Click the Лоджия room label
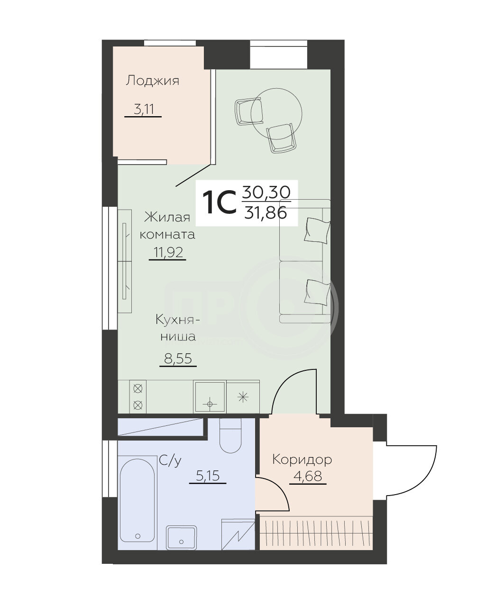152,81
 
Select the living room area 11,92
168,252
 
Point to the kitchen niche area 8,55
178,359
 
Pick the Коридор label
302,460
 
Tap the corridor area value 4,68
308,476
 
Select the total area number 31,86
265,214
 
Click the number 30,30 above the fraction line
266,192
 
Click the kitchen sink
210,397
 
